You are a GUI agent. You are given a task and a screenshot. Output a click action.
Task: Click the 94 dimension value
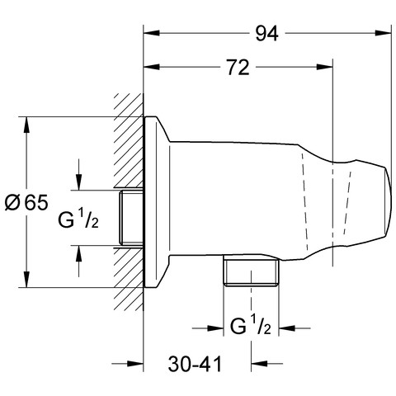click(x=266, y=34)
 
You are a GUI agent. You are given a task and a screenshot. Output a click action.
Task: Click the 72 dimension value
click(x=238, y=68)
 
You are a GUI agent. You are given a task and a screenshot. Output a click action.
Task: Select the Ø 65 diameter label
click(x=26, y=203)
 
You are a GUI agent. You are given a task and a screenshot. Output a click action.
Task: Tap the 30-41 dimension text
click(x=195, y=364)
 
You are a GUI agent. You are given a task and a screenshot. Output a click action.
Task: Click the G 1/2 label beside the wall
click(x=78, y=218)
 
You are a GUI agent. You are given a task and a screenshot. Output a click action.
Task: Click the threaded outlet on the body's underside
click(x=251, y=271)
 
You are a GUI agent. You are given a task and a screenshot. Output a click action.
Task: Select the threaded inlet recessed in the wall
click(x=131, y=218)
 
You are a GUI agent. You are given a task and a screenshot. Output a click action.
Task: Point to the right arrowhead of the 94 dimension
click(x=383, y=33)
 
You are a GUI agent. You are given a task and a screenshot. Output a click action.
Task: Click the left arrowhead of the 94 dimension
click(x=152, y=33)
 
